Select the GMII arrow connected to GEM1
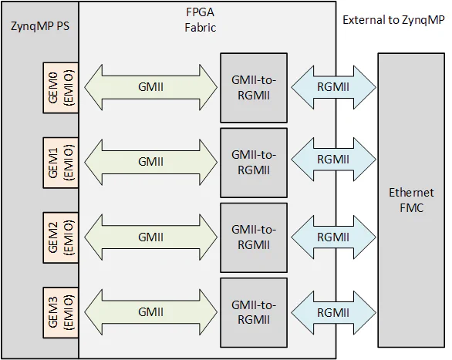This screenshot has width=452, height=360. [x=150, y=162]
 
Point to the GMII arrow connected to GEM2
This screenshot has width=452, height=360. [x=150, y=236]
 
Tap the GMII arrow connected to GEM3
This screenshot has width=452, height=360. [x=150, y=311]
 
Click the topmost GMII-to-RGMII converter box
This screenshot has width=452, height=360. [x=253, y=87]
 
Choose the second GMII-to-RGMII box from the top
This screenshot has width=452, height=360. [x=253, y=162]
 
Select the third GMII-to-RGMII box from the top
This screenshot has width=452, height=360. [x=253, y=237]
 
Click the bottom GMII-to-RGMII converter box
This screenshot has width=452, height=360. [x=253, y=311]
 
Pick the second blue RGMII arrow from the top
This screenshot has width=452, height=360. [x=332, y=160]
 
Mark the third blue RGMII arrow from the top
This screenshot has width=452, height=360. [x=332, y=236]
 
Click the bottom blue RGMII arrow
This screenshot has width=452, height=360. [x=332, y=311]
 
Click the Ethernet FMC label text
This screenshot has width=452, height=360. [x=411, y=199]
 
